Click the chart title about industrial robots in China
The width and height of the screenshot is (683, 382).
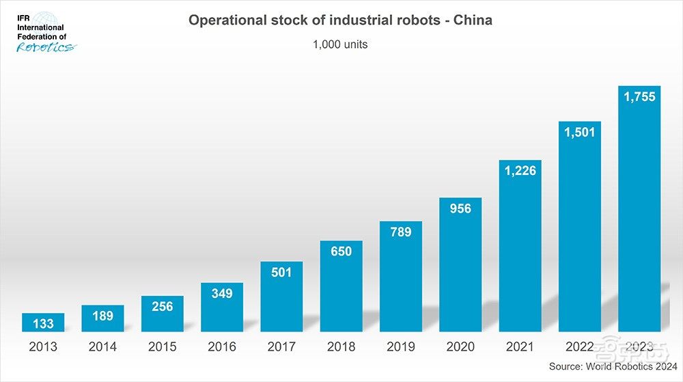click(x=340, y=21)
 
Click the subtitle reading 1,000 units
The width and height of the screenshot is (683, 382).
click(x=340, y=45)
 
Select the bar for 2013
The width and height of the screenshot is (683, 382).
click(x=43, y=323)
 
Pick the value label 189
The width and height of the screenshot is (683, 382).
click(x=102, y=316)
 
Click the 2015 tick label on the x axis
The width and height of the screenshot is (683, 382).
click(x=163, y=347)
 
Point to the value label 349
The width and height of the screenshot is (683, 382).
click(x=222, y=294)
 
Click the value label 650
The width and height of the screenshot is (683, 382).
click(x=341, y=251)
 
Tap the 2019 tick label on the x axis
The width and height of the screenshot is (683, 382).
click(x=401, y=347)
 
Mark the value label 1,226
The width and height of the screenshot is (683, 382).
click(x=520, y=171)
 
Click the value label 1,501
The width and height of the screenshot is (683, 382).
click(x=580, y=133)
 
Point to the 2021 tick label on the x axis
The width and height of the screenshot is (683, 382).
click(x=520, y=347)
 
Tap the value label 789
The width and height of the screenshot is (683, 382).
click(x=401, y=232)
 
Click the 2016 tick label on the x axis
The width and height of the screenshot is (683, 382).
click(x=222, y=347)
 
